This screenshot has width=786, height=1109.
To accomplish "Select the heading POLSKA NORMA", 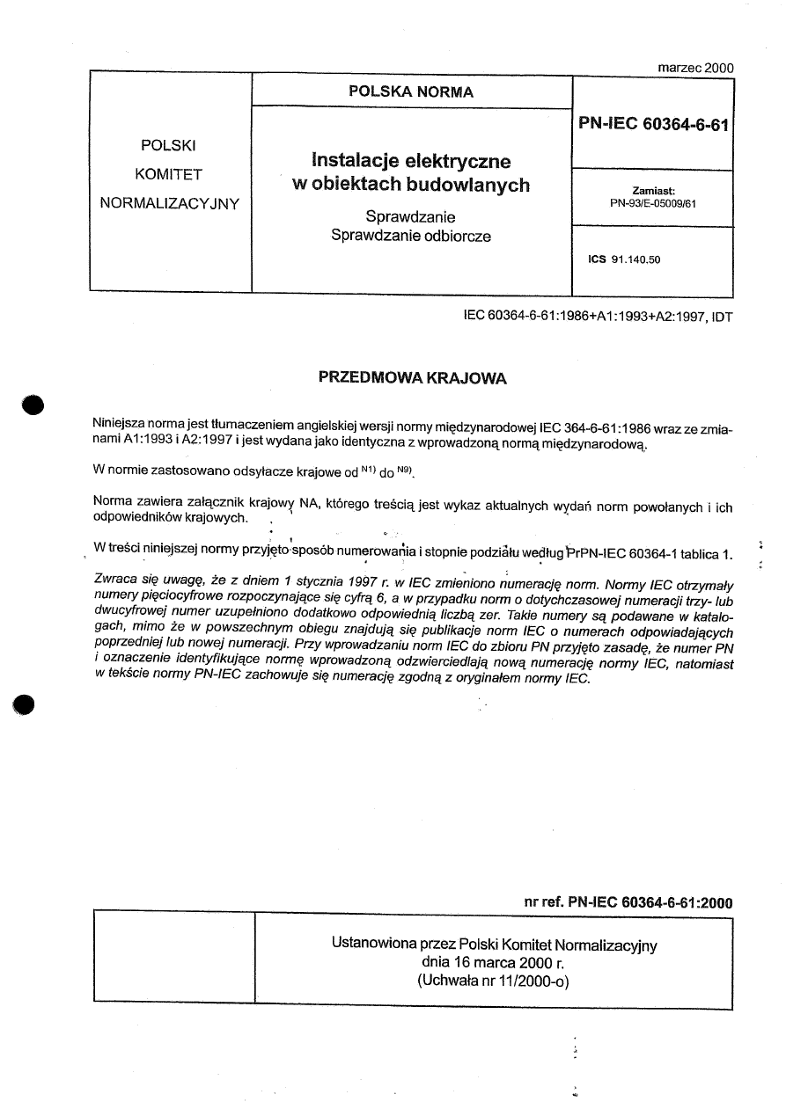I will coord(411,91).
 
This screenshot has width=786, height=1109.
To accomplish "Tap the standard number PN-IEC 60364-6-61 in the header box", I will coord(653,125).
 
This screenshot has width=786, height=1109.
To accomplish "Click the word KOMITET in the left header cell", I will coord(171,174).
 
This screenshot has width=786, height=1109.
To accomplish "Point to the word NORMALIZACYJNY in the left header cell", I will coord(171,203).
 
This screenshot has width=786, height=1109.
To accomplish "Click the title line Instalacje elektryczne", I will coord(411,161).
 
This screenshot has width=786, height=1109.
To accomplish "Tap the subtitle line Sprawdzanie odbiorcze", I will coord(411,236).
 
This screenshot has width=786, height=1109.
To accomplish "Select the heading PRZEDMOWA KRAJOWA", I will coord(412,379).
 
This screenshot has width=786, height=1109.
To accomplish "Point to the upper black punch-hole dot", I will coord(33,405).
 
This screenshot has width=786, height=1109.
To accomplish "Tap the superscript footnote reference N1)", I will coord(368,469).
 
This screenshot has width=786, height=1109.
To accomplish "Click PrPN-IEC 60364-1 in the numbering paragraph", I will coord(615,553).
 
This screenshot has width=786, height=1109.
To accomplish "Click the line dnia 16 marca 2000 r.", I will coord(494,963).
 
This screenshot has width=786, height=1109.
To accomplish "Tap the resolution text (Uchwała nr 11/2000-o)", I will coord(494,981).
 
